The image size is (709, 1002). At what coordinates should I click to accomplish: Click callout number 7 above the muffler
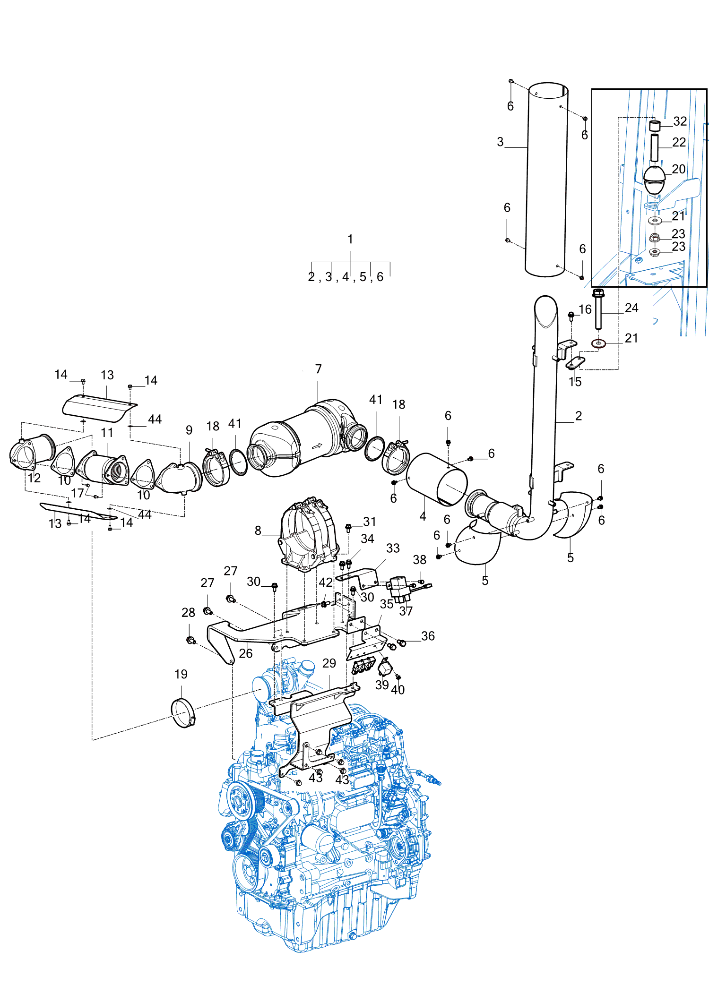click(x=318, y=369)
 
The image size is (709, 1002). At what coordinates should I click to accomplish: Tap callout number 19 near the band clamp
click(x=181, y=674)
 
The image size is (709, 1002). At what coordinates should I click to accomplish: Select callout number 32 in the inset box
click(x=680, y=121)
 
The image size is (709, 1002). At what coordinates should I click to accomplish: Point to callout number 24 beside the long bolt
click(x=631, y=308)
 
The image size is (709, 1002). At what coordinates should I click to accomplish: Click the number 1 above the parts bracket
click(x=350, y=240)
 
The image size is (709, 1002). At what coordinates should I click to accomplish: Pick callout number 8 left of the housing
click(x=258, y=531)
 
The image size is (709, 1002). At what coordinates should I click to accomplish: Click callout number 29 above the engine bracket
click(x=329, y=663)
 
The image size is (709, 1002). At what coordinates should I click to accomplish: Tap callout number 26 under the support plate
click(x=245, y=653)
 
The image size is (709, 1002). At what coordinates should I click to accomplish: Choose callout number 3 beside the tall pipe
click(x=500, y=142)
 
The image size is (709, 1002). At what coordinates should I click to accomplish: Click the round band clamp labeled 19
click(x=182, y=713)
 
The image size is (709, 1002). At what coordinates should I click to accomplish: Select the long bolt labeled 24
click(x=598, y=312)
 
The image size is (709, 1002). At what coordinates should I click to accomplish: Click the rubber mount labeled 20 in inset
click(x=655, y=180)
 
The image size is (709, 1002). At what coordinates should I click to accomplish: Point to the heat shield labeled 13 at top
click(x=99, y=408)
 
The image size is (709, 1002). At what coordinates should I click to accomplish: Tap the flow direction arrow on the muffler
click(x=317, y=445)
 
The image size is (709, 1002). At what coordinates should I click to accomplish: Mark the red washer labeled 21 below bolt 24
click(x=599, y=343)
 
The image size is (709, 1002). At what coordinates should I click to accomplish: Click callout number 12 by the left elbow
click(x=34, y=478)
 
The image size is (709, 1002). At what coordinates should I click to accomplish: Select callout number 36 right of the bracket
click(x=428, y=636)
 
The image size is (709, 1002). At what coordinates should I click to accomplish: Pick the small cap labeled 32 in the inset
click(x=655, y=126)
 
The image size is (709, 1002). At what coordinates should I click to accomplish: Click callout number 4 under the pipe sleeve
click(x=423, y=516)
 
